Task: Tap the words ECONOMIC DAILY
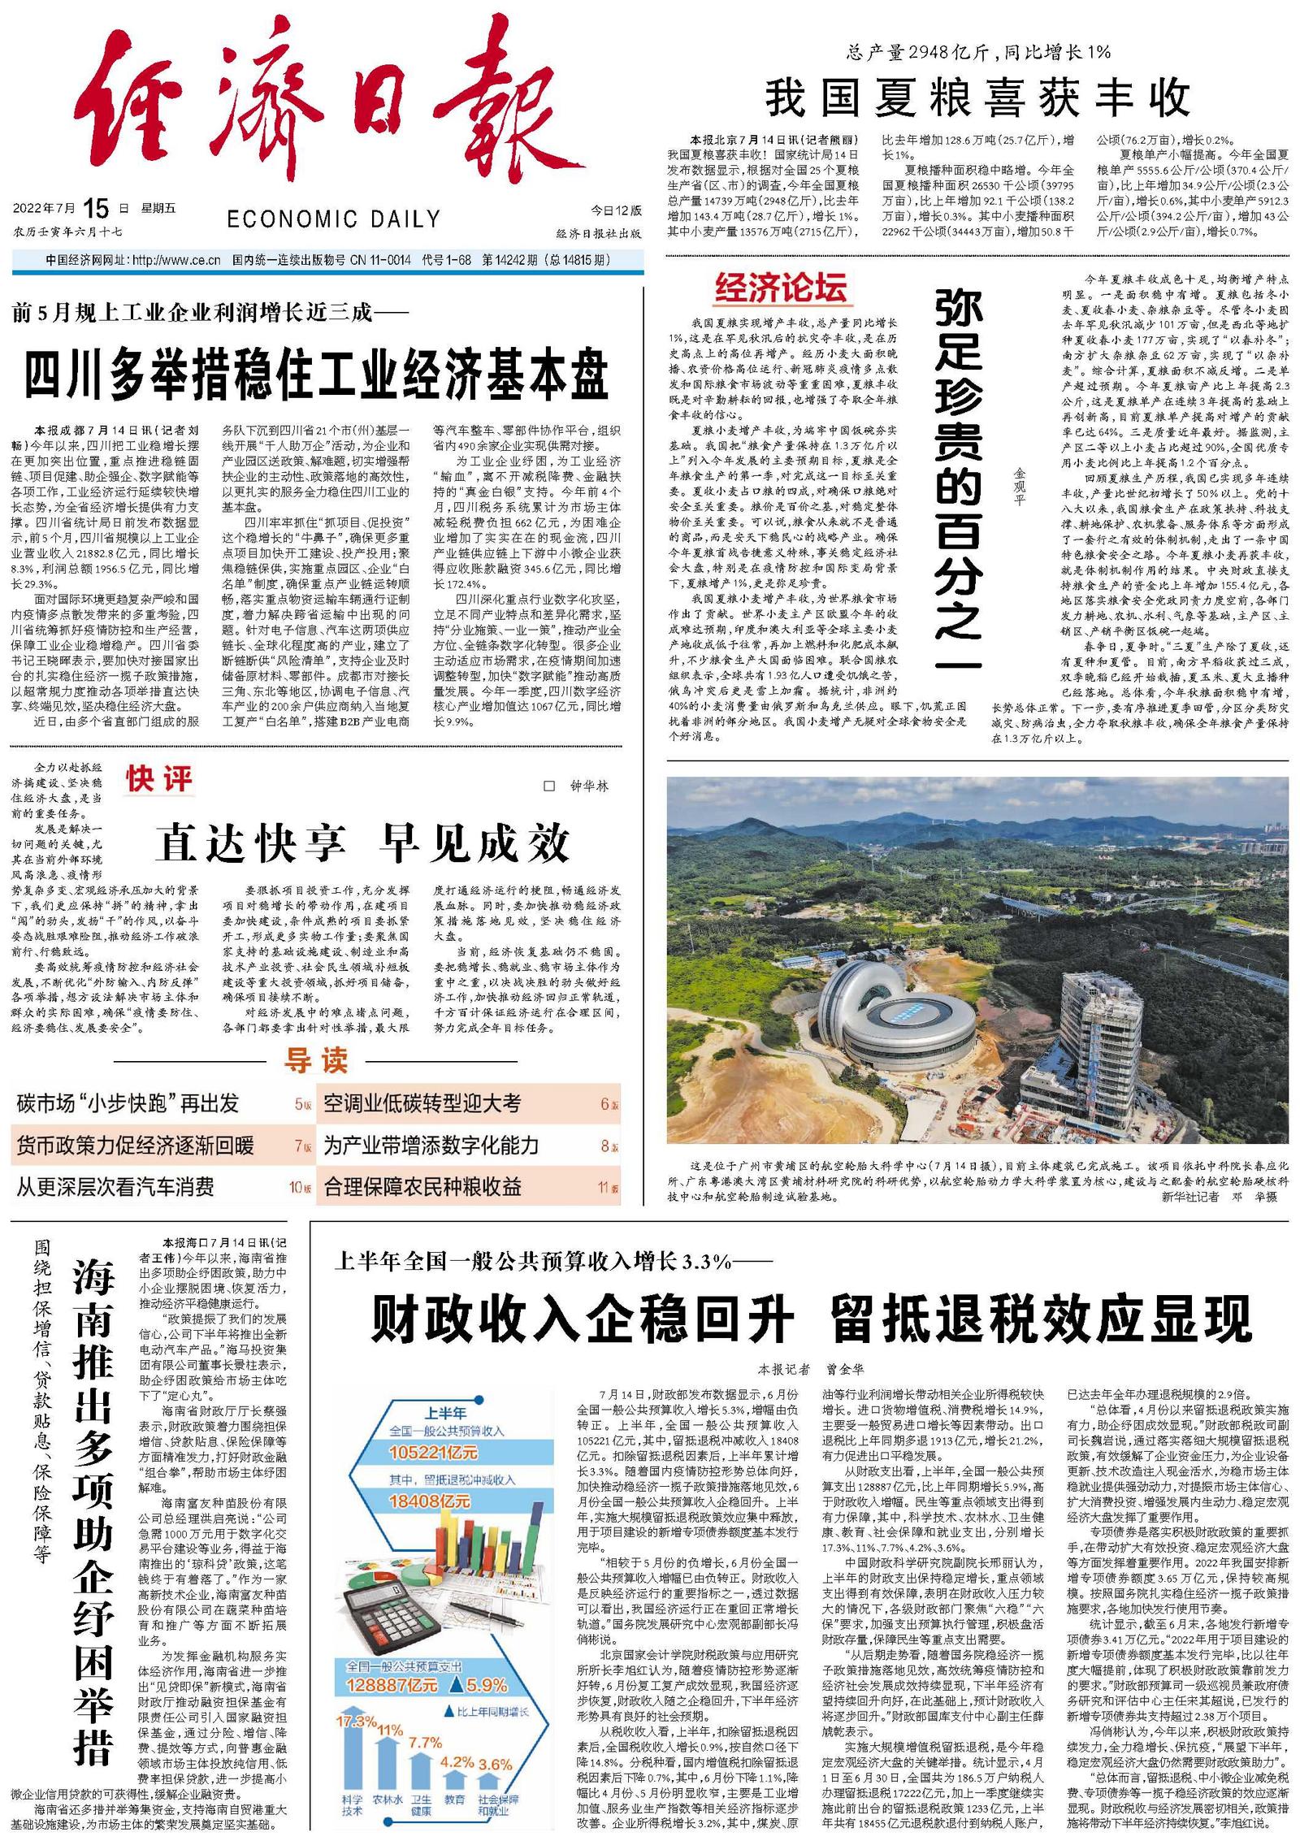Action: click(x=333, y=219)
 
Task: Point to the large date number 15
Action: click(x=95, y=209)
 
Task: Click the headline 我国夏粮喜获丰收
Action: click(x=977, y=97)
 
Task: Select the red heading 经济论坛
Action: click(x=781, y=287)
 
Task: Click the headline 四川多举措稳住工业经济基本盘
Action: click(x=317, y=375)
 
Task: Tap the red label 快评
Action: click(x=159, y=779)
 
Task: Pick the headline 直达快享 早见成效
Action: click(x=363, y=843)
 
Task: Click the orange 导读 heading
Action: click(x=316, y=1060)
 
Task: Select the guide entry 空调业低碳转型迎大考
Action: click(x=422, y=1103)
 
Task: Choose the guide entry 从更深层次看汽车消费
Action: click(x=115, y=1187)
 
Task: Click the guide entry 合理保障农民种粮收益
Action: click(x=422, y=1187)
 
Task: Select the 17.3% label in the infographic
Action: click(x=356, y=1722)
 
